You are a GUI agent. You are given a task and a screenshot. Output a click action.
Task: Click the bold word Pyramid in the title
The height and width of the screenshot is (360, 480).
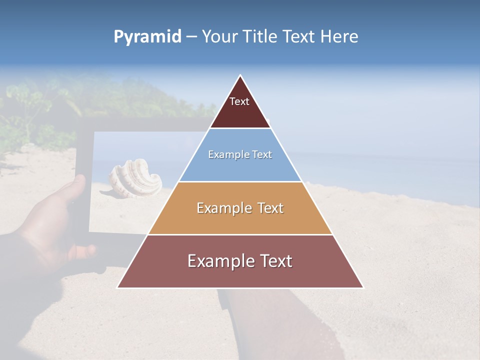click(147, 37)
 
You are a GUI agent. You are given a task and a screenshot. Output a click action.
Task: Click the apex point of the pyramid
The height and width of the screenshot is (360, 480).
click(240, 75)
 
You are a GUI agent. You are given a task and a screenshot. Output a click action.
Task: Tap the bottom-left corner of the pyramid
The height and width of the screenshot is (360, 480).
click(118, 287)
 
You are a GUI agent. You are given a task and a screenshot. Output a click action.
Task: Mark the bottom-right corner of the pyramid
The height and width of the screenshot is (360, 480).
click(363, 287)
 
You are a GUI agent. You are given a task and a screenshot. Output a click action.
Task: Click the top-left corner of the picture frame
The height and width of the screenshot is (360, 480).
click(80, 120)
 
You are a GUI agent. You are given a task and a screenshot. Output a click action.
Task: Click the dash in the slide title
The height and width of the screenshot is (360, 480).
click(191, 37)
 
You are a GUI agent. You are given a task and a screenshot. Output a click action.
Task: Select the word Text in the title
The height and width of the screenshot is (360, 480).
click(299, 37)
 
